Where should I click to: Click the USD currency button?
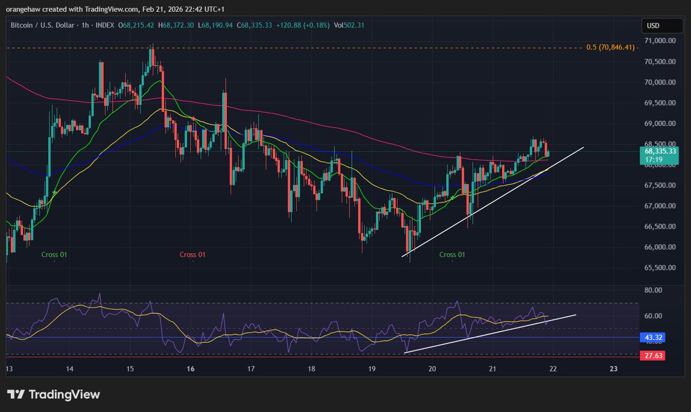click(653, 26)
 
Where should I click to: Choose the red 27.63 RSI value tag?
click(652, 357)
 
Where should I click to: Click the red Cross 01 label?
click(192, 254)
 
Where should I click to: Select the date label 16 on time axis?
click(191, 369)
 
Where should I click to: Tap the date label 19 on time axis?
click(372, 369)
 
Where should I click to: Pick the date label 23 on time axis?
click(614, 369)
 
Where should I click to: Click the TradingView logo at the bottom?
click(54, 395)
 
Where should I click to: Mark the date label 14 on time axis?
click(70, 369)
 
